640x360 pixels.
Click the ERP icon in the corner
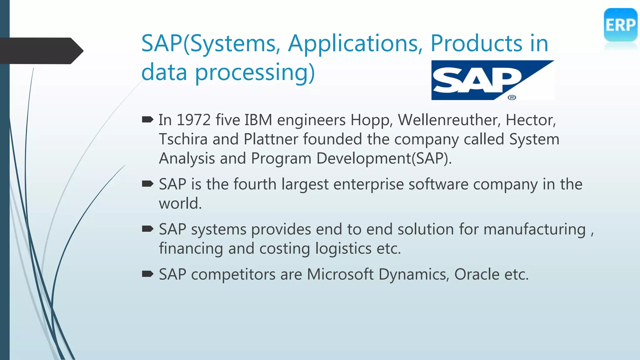tap(620, 25)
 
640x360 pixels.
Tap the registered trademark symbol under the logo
tap(512, 97)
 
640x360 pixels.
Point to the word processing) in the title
tap(255, 72)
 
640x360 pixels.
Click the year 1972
tap(193, 120)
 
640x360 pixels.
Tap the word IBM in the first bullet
tap(258, 120)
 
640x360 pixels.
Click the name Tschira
tap(183, 139)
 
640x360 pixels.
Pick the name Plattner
tap(271, 139)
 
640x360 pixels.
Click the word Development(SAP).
tap(384, 158)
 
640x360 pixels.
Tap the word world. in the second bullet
tap(180, 203)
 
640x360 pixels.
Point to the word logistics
tap(343, 249)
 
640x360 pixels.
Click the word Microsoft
tap(340, 274)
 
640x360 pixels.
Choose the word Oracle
tap(477, 274)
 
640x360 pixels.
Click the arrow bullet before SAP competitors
tap(147, 274)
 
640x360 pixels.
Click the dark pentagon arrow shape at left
tap(41, 51)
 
